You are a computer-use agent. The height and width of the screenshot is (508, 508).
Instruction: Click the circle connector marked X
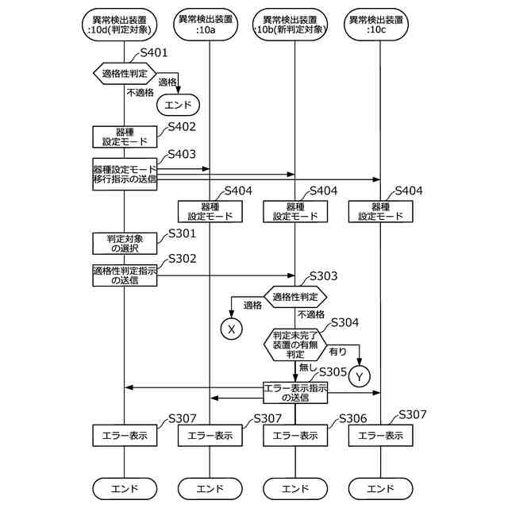[x=231, y=329]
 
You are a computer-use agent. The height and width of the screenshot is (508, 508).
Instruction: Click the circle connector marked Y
[x=360, y=376]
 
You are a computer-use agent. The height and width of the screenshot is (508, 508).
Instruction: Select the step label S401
[x=154, y=52]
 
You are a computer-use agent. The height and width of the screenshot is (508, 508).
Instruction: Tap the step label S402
[x=182, y=127]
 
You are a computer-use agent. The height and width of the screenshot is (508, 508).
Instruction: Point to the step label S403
[x=182, y=154]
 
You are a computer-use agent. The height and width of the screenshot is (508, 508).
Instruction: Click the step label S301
[x=182, y=233]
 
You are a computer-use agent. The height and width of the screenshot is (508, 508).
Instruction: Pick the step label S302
[x=182, y=259]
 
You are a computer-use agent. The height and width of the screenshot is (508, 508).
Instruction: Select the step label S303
[x=323, y=276]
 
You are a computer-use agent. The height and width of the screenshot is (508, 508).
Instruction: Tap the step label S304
[x=345, y=323]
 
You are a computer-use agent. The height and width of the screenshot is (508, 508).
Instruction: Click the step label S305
[x=333, y=372]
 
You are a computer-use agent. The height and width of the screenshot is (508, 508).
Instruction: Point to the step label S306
[x=352, y=418]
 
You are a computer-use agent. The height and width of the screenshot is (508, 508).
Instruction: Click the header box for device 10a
[x=206, y=25]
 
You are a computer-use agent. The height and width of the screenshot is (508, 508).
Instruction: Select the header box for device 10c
[x=376, y=25]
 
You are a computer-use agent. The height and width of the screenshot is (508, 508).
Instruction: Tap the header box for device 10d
[x=120, y=25]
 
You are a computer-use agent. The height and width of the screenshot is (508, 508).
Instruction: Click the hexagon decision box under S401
[x=125, y=74]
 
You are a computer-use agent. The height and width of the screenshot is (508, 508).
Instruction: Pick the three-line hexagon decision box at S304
[x=295, y=344]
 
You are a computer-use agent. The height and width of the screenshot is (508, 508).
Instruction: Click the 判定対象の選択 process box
[x=125, y=244]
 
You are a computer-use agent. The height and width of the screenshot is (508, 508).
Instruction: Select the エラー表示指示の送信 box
[x=295, y=393]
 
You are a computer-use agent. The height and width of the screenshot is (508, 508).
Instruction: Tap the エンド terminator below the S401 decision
[x=178, y=105]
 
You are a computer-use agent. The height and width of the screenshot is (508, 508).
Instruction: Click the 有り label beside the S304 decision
[x=337, y=352]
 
